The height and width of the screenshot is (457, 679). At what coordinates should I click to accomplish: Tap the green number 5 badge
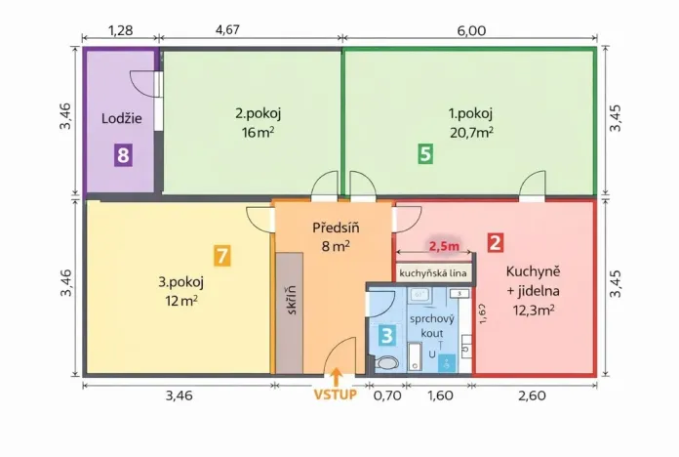424,153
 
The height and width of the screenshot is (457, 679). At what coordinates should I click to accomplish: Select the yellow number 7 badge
222,257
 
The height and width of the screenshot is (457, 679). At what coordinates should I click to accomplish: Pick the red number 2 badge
496,244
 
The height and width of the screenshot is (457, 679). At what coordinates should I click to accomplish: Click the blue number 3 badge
387,335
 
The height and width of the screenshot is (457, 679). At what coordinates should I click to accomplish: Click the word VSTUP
336,395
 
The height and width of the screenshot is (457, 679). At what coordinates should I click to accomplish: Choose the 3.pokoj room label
180,282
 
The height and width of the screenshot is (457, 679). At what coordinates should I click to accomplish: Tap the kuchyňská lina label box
435,271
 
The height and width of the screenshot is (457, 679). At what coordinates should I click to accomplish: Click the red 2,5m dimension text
444,247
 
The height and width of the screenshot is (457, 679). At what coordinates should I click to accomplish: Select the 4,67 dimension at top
253,31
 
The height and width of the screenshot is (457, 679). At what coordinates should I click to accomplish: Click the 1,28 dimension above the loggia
121,31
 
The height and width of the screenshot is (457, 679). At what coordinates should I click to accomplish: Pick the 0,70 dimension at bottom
387,396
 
